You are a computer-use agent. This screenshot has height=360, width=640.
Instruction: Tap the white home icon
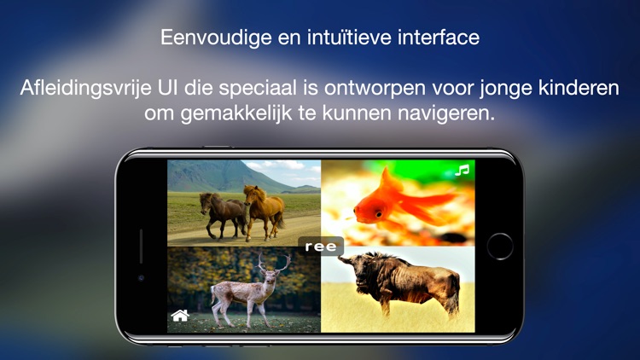[180, 316]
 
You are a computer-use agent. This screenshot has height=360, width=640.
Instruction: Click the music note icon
[463, 171]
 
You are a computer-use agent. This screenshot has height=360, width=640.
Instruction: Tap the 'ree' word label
[321, 247]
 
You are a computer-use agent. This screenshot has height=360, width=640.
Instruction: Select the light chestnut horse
[263, 208]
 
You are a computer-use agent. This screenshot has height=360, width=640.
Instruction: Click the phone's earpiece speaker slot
[142, 246]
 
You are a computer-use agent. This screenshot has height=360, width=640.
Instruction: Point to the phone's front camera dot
[142, 278]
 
